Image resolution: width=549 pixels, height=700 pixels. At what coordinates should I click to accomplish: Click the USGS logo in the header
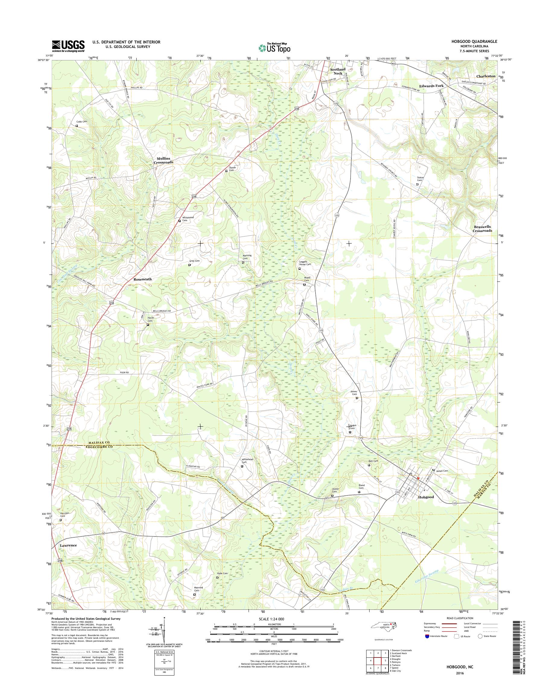(68, 46)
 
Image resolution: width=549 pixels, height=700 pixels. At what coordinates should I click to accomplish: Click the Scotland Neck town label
(338, 71)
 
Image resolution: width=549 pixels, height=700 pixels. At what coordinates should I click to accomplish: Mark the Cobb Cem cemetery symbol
(77, 126)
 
